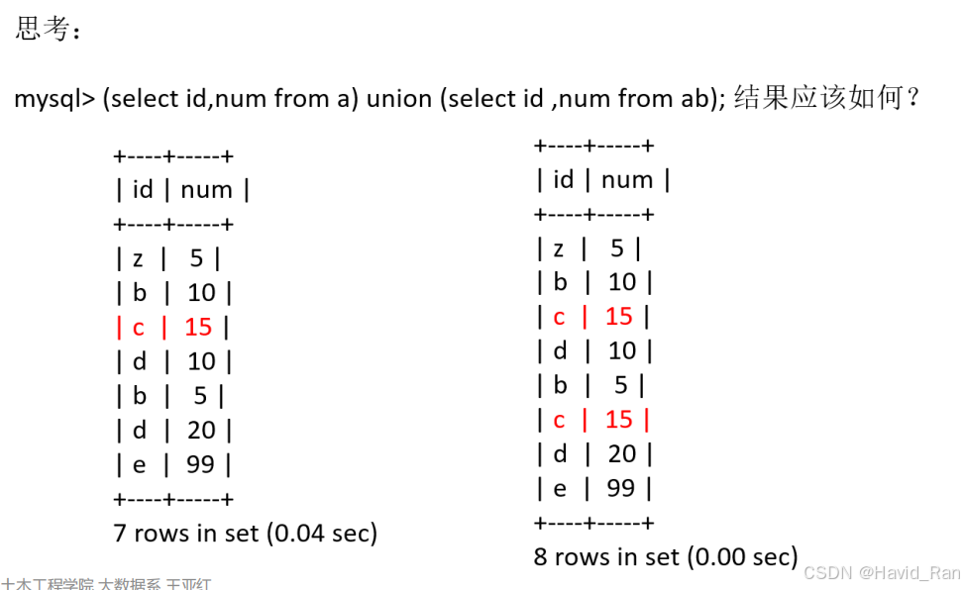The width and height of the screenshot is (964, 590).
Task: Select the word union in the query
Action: point(399,99)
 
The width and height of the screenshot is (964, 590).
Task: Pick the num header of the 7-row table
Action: point(206,190)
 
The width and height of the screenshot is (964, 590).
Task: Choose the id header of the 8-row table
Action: point(563,180)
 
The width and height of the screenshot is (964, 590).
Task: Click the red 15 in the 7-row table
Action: point(198,327)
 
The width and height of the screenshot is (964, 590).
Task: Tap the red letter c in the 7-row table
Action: point(139,327)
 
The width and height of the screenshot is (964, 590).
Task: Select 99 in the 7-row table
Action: point(200,464)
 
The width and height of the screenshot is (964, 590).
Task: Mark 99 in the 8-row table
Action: point(620,488)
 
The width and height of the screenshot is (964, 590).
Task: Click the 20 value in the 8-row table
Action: point(621,453)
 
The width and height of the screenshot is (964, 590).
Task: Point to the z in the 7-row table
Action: point(138,259)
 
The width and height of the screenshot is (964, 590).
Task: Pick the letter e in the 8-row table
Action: point(559,488)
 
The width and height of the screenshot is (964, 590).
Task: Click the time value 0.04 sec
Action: point(323,533)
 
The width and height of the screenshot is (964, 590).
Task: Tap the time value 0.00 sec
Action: point(743,556)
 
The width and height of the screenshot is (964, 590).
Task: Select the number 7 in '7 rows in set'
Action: point(121,533)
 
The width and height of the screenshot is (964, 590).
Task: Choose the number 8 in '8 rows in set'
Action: point(541,556)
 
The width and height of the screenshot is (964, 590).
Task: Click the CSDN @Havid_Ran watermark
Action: point(881,573)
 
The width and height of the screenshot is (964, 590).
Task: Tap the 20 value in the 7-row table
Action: point(201,430)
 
